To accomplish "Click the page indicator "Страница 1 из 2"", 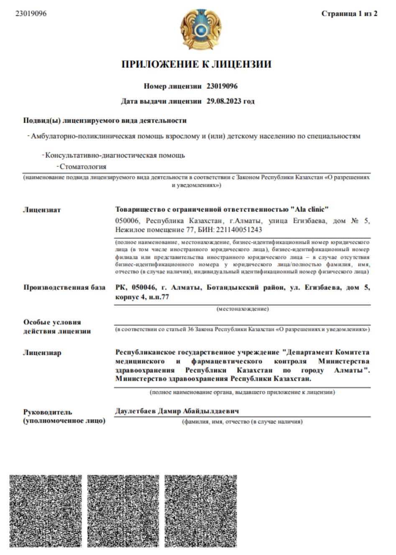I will pyautogui.click(x=349, y=13).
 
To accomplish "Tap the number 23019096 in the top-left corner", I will pyautogui.click(x=31, y=13).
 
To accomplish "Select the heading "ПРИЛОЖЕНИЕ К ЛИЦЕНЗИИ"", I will pyautogui.click(x=196, y=64).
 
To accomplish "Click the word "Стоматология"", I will pyautogui.click(x=83, y=166).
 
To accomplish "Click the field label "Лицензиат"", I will pyautogui.click(x=42, y=210).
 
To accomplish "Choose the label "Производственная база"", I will pyautogui.click(x=64, y=287).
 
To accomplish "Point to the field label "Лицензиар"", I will pyautogui.click(x=42, y=353).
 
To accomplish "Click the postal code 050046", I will pyautogui.click(x=143, y=287).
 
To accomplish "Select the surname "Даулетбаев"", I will pyautogui.click(x=135, y=411).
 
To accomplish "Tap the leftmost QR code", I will pyautogui.click(x=46, y=511).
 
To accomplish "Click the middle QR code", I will pyautogui.click(x=123, y=511).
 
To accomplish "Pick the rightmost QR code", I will pyautogui.click(x=201, y=511).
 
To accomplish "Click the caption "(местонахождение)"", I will pyautogui.click(x=243, y=309).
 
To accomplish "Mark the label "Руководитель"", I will pyautogui.click(x=48, y=412).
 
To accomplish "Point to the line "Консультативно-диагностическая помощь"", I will pyautogui.click(x=115, y=155).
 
